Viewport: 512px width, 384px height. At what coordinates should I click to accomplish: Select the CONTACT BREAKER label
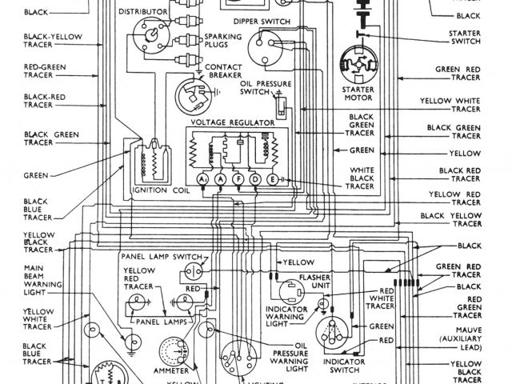click(x=224, y=72)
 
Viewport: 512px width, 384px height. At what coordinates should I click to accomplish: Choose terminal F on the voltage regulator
click(x=238, y=180)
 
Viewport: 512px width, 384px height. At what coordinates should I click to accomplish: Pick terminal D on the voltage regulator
click(x=255, y=180)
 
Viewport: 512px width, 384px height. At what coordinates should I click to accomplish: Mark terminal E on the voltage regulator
click(x=273, y=180)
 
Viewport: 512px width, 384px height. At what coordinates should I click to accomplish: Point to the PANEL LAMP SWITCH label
click(x=158, y=256)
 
